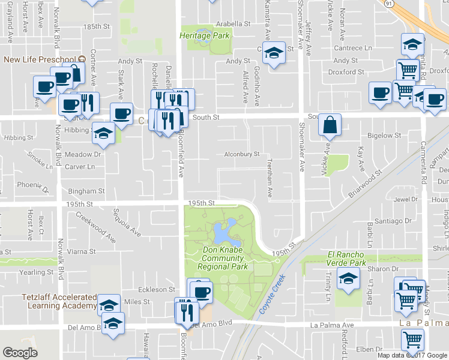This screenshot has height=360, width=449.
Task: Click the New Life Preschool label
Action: point(37,59)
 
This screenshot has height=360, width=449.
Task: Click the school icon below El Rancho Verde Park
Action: point(348,278)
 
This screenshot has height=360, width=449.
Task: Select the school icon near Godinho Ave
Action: point(274,55)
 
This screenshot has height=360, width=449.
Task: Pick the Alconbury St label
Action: point(241,154)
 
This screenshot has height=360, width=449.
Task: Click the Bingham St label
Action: point(86,191)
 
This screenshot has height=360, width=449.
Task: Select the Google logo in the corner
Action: point(20,353)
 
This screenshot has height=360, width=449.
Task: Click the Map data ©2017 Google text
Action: point(412,355)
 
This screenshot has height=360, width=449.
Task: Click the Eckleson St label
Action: point(156,289)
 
